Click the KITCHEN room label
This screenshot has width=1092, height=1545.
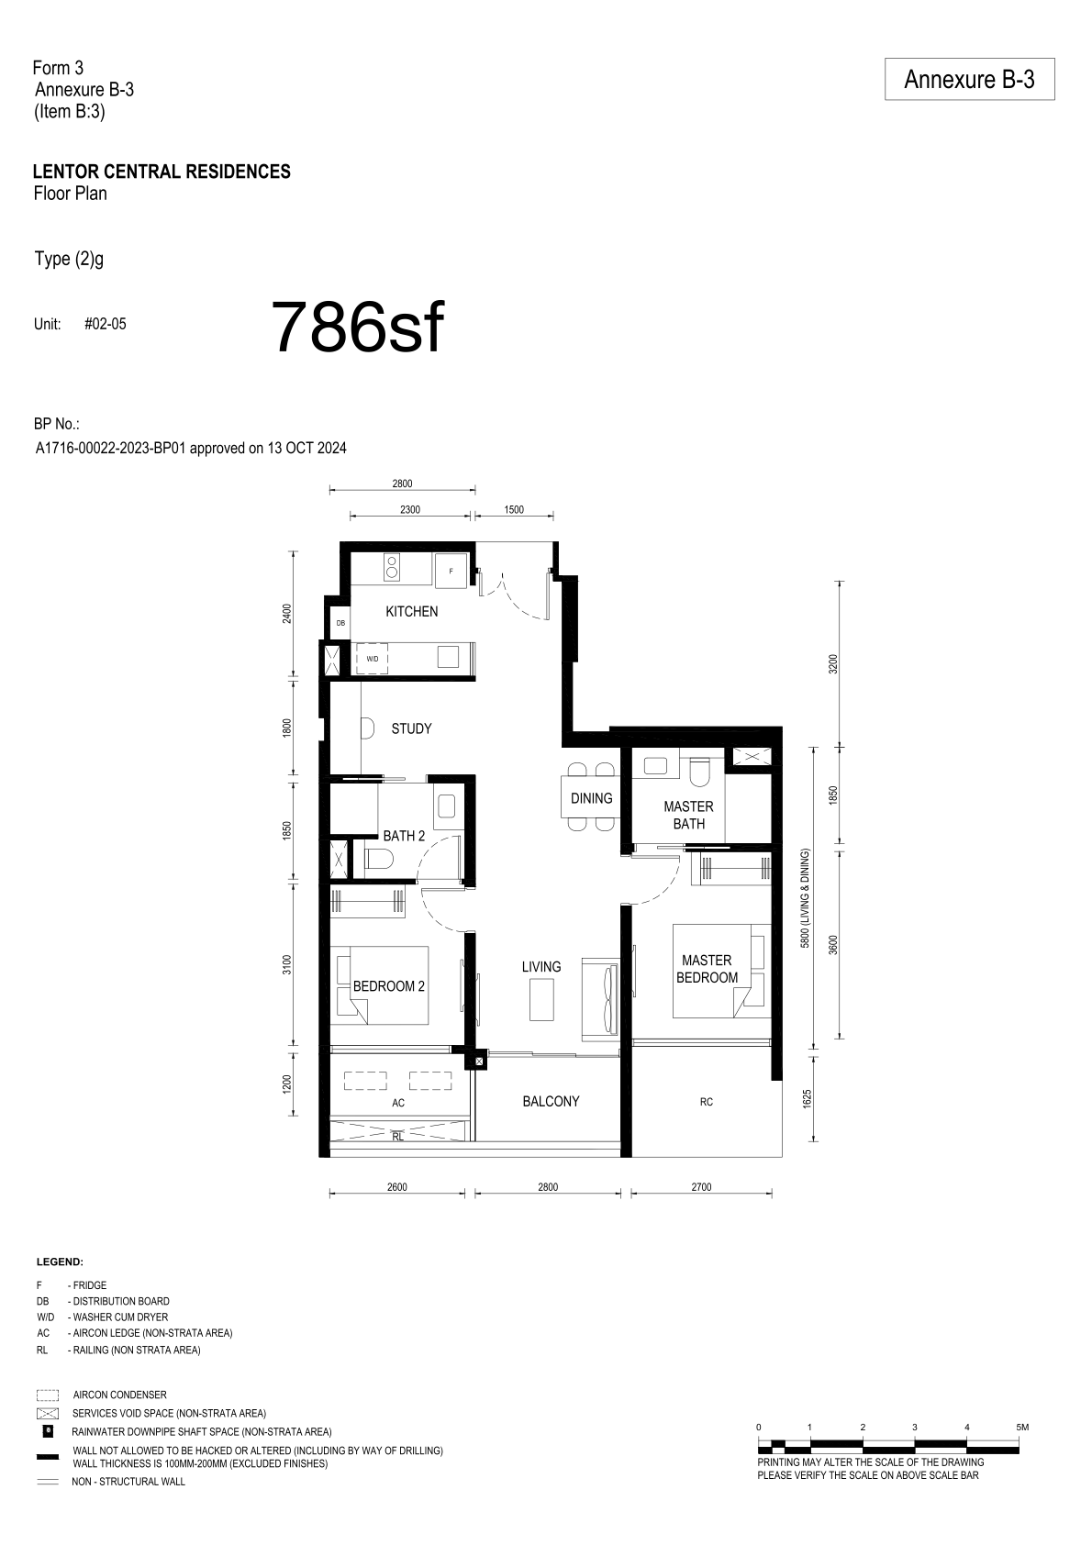411,611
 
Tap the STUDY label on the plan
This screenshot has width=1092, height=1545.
411,728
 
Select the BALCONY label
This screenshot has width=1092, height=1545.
551,1102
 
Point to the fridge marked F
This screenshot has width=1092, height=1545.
451,571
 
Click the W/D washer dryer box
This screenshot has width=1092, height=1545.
372,659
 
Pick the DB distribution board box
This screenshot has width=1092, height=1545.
340,623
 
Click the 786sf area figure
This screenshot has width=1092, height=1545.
357,328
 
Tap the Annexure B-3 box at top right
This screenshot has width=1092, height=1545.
969,79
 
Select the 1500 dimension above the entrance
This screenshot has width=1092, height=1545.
514,510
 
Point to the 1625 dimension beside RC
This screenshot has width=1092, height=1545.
808,1099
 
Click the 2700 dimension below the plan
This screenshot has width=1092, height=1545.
701,1187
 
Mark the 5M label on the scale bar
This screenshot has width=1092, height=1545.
1022,1427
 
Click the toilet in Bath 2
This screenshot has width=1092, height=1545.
378,858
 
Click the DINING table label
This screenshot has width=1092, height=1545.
591,798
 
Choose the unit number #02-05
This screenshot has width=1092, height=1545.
105,324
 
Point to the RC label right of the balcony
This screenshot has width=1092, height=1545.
707,1102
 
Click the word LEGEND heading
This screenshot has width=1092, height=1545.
60,1262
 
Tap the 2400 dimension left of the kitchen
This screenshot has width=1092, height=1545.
287,613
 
